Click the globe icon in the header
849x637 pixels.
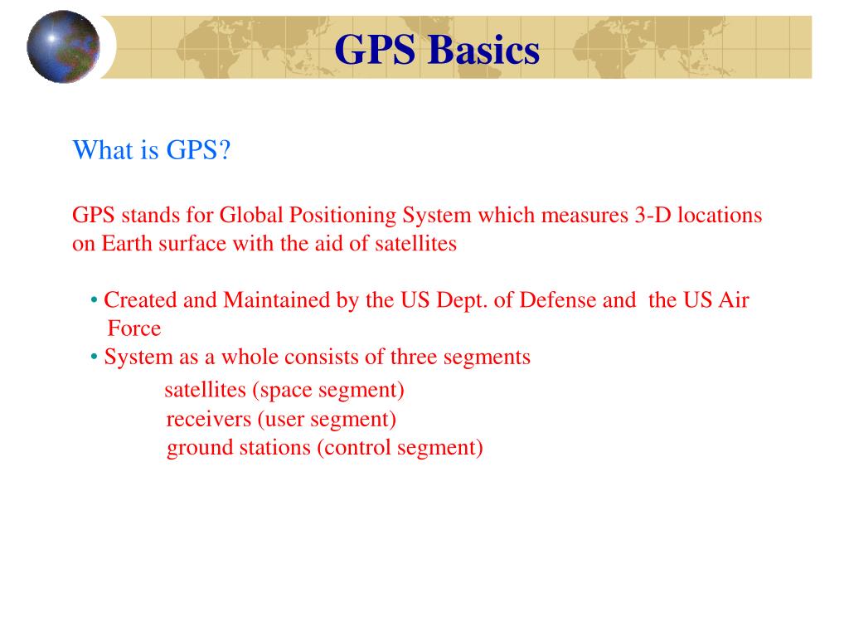(63, 46)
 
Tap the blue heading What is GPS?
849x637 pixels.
(151, 151)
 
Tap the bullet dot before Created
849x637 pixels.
(95, 299)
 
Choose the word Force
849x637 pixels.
(134, 328)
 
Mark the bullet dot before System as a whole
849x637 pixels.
(95, 357)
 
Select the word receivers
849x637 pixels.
(208, 420)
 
